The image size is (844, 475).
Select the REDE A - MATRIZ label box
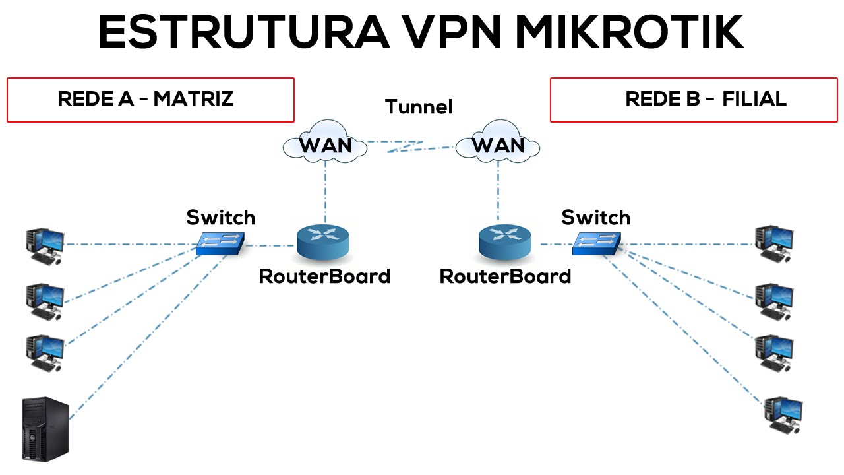(150, 100)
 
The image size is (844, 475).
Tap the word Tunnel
(419, 107)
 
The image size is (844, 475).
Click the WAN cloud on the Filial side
(498, 143)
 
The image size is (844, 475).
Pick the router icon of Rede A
(323, 241)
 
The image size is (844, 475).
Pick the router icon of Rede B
(505, 241)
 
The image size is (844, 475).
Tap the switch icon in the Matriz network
(220, 243)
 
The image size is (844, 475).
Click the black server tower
(45, 429)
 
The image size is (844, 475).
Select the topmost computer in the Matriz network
(44, 245)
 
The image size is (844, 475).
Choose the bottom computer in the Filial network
(783, 415)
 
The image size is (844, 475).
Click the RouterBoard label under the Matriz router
(324, 276)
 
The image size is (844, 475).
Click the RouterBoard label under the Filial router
(505, 276)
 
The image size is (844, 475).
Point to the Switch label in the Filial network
(595, 217)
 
